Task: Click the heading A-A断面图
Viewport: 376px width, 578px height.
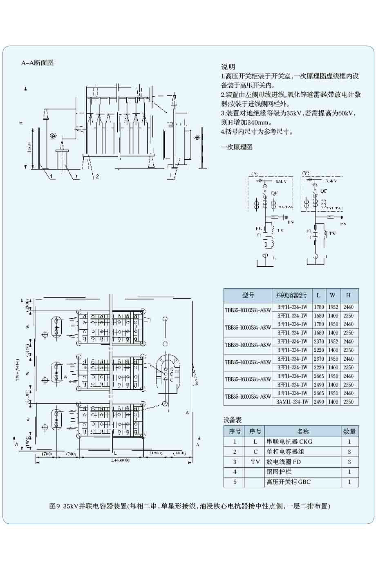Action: [x=38, y=63]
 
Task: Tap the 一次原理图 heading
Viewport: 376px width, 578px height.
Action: [x=237, y=147]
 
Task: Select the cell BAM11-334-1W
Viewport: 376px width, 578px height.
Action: [x=292, y=402]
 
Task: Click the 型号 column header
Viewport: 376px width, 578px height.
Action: [x=248, y=295]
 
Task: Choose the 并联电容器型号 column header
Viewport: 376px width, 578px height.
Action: [x=291, y=295]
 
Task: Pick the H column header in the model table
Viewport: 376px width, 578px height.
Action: [x=348, y=295]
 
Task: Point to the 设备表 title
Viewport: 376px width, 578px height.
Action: [x=232, y=420]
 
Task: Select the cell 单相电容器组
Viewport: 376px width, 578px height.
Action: [x=285, y=452]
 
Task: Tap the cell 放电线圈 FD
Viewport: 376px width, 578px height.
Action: [x=284, y=462]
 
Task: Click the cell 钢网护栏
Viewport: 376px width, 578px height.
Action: [x=278, y=472]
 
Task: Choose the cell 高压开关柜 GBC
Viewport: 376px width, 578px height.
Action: [x=289, y=482]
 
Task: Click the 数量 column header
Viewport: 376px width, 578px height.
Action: [x=349, y=431]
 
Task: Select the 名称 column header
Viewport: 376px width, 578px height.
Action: [x=303, y=431]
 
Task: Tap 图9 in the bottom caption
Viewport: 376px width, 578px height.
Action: [x=55, y=506]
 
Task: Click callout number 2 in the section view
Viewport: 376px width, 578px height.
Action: [x=97, y=177]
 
